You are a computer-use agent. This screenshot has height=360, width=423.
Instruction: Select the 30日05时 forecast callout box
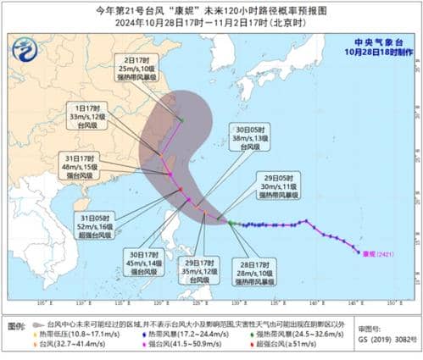(x=252, y=136)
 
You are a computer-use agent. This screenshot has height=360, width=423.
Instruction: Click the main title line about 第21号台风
(x=211, y=11)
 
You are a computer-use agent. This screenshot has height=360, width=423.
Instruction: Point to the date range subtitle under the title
(x=211, y=25)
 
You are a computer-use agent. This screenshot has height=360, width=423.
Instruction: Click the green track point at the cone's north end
(x=181, y=120)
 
